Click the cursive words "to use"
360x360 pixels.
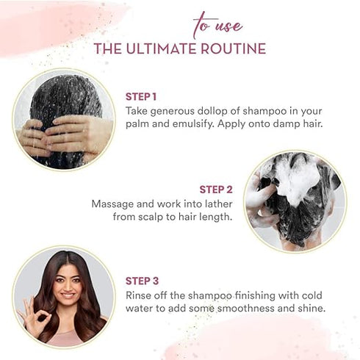(x=217, y=25)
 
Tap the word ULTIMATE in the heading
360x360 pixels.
(x=162, y=48)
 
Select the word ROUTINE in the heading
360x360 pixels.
(x=234, y=48)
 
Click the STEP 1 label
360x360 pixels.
(x=141, y=97)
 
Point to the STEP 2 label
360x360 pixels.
(x=216, y=190)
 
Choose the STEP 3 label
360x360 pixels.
(x=142, y=281)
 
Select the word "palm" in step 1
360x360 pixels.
(x=137, y=124)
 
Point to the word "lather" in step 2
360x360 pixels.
(x=217, y=204)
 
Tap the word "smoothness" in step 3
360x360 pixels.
(x=246, y=309)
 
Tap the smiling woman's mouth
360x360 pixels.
(x=68, y=295)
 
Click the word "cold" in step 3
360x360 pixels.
(x=312, y=295)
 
